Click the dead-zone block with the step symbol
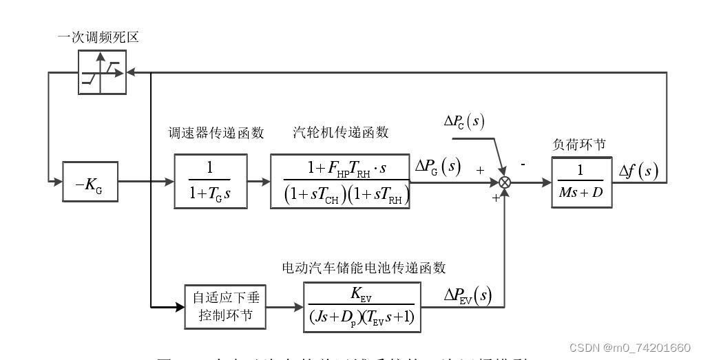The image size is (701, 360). click(102, 72)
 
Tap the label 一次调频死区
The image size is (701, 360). click(98, 37)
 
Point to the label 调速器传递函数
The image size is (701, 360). click(216, 132)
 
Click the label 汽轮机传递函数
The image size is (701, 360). click(341, 132)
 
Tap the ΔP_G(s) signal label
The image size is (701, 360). click(437, 167)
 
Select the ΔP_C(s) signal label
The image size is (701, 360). click(463, 123)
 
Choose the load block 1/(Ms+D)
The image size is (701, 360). click(581, 182)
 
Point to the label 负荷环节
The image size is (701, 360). click(579, 145)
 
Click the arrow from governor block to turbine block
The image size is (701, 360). click(260, 182)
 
